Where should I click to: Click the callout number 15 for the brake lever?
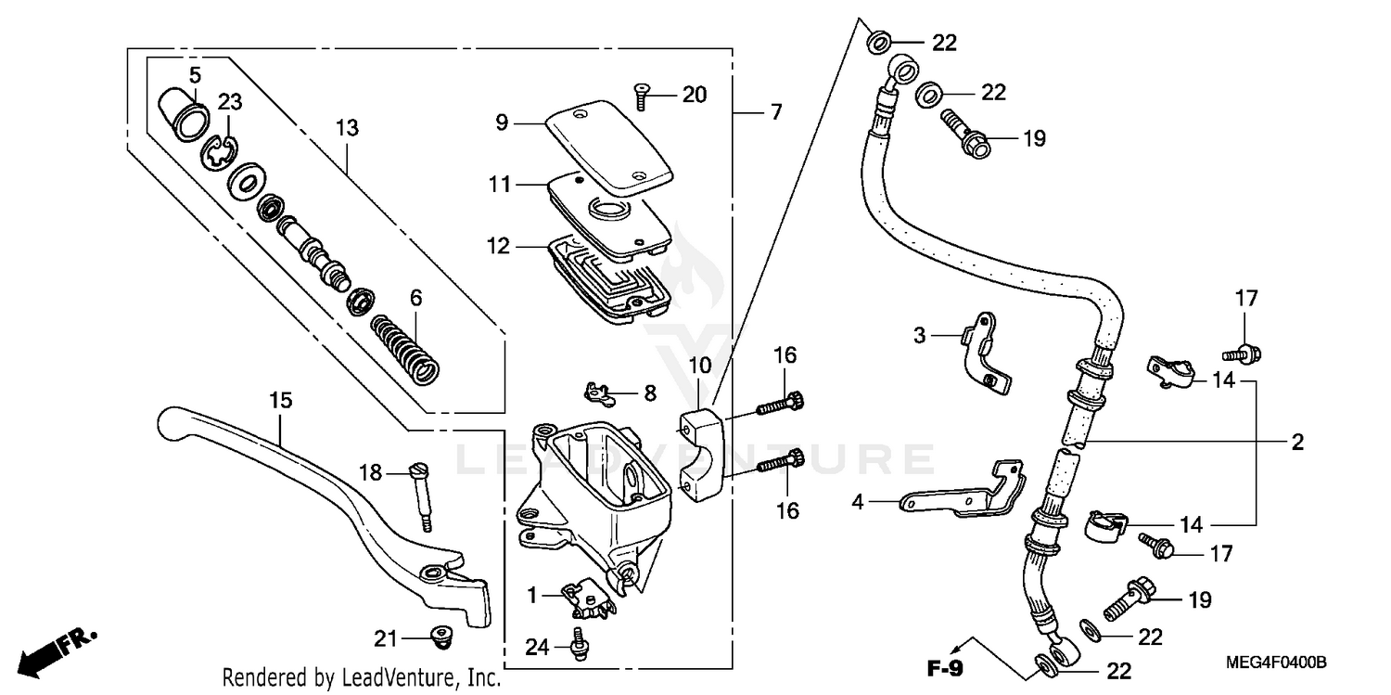[x=281, y=400]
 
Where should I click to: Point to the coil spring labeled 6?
[x=404, y=347]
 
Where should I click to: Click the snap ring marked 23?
[x=219, y=150]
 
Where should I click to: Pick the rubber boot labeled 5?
[x=182, y=111]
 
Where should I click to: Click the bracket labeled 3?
[x=982, y=353]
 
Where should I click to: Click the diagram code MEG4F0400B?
[x=1275, y=663]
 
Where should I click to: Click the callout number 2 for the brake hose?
[x=1296, y=443]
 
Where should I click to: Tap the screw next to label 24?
[x=581, y=644]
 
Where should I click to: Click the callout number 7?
[x=774, y=112]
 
